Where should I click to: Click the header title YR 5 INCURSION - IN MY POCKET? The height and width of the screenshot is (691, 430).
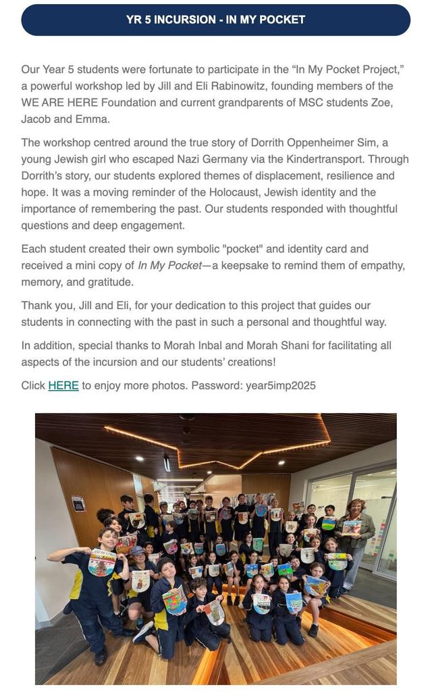pos(215,20)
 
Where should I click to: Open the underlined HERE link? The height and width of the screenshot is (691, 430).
pos(63,386)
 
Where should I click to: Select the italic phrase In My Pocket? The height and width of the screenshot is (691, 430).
pos(169,265)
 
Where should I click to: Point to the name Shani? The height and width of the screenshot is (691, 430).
pos(309,345)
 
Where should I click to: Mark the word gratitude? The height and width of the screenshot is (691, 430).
pos(110,281)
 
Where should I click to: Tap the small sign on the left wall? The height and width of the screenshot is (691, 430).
pos(78,503)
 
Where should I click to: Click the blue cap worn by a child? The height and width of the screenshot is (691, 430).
pos(138,550)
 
